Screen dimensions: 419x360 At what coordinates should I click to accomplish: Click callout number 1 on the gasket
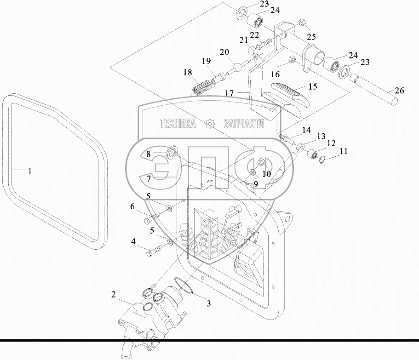(x=30, y=171)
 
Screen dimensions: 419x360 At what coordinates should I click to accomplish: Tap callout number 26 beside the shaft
(x=399, y=91)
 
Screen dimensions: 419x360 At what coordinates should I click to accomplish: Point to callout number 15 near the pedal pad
(x=313, y=86)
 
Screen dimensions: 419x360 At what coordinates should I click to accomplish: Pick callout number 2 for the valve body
(x=114, y=295)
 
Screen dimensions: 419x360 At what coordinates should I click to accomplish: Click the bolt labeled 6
(x=151, y=217)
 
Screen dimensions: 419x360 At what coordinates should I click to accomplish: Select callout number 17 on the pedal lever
(x=229, y=93)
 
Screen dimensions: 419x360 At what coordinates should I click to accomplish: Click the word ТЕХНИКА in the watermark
(x=178, y=124)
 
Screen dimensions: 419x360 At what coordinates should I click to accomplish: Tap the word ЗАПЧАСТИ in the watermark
(x=244, y=124)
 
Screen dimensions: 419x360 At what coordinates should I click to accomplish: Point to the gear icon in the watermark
(x=210, y=124)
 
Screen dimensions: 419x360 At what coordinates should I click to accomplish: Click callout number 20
(x=224, y=52)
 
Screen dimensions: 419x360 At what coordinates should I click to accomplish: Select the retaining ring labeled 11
(x=323, y=160)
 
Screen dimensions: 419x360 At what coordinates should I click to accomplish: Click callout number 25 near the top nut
(x=311, y=37)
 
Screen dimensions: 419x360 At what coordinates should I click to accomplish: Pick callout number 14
(x=306, y=130)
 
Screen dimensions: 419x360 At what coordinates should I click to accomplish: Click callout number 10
(x=266, y=174)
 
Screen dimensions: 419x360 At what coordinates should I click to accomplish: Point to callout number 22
(x=255, y=35)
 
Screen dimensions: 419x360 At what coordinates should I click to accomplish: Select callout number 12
(x=331, y=143)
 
